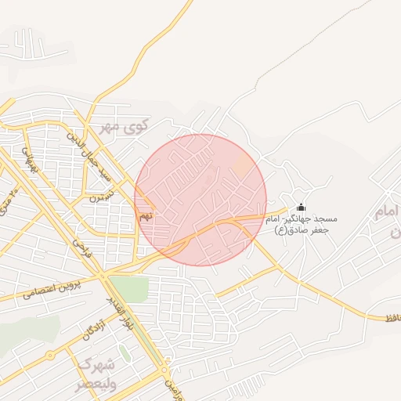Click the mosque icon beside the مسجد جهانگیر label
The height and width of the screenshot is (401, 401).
point(302,208)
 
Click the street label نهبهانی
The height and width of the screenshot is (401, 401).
point(30,159)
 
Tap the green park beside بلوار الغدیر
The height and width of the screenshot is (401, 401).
point(128,288)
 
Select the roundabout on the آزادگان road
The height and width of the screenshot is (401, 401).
point(51,355)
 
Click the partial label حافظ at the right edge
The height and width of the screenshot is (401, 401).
point(389,317)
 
